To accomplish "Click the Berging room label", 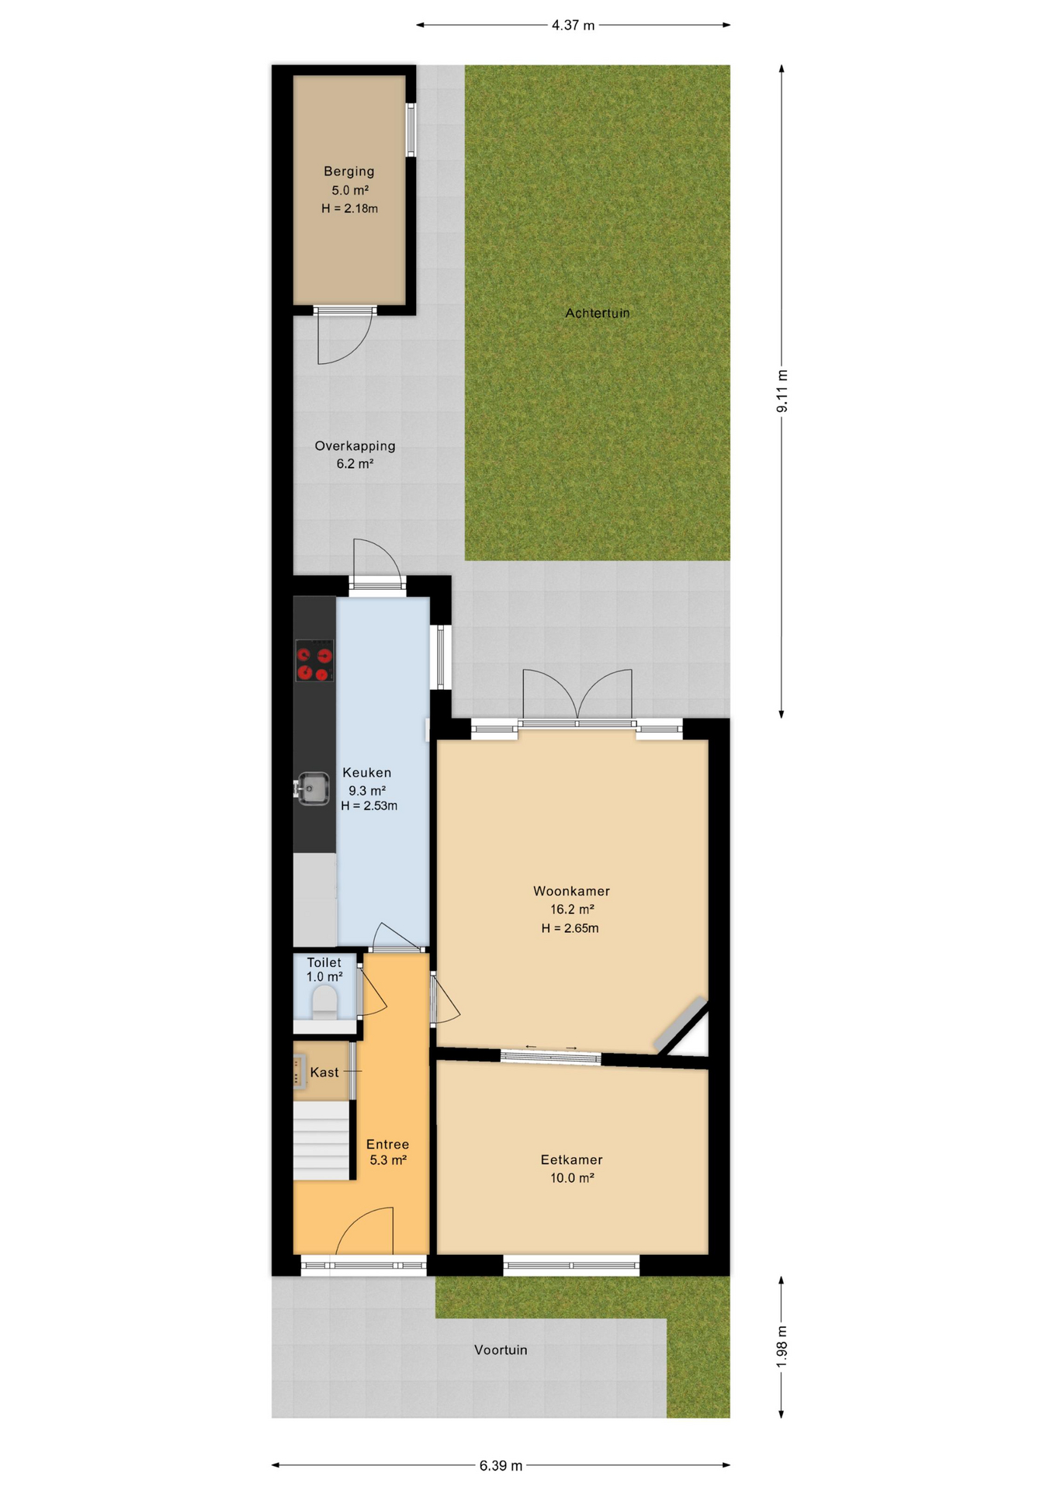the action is [x=349, y=172].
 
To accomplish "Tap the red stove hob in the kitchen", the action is [x=314, y=660].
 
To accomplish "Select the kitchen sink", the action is [x=313, y=789].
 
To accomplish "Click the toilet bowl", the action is [x=324, y=1002].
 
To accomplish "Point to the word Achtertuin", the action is [x=598, y=314].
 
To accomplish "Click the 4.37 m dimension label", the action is [x=574, y=26].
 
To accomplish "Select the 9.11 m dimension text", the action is [x=782, y=391].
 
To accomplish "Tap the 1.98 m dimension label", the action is [x=782, y=1346].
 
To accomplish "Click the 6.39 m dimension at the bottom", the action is [x=501, y=1466].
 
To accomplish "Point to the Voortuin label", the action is [x=501, y=1350].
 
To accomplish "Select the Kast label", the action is [x=324, y=1072].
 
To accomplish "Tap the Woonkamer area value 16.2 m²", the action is [x=573, y=910].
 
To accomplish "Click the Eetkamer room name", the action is [x=572, y=1160].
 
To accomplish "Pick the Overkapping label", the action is [x=355, y=446].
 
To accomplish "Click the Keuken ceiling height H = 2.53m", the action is [x=369, y=806].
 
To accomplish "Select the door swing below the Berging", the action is [x=345, y=338].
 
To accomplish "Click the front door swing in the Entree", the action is [x=364, y=1231].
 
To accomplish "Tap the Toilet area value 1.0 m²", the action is [x=324, y=977].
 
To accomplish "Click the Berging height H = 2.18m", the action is [x=350, y=209].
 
